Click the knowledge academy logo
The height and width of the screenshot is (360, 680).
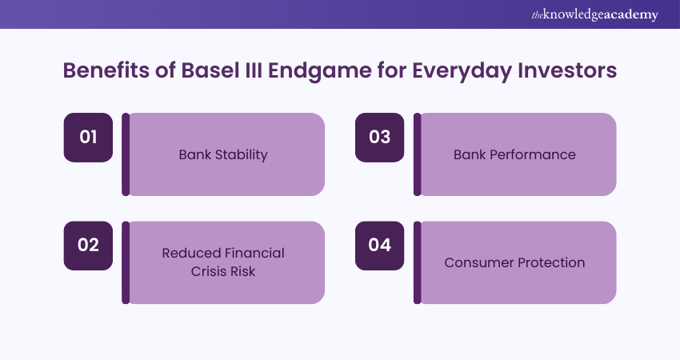coord(594,14)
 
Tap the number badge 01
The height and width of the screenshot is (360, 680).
coord(88,138)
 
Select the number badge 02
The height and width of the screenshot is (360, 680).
coord(88,246)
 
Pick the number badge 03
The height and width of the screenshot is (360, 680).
coord(379,138)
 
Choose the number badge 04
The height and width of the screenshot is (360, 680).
coord(379,246)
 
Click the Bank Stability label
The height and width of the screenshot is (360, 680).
coord(223,155)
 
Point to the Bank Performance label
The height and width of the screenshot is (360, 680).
coord(514,154)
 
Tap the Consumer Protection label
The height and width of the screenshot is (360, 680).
coord(514,262)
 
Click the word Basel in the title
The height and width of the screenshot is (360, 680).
coord(210,70)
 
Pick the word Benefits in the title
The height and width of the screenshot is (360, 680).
coord(106,70)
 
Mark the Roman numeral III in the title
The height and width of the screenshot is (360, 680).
coord(254,70)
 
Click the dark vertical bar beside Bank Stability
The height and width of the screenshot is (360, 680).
coord(126,154)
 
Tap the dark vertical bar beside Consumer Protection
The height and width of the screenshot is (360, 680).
coord(417,262)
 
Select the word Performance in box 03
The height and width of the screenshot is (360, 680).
coord(533,154)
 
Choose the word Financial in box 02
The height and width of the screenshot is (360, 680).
coord(254,253)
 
